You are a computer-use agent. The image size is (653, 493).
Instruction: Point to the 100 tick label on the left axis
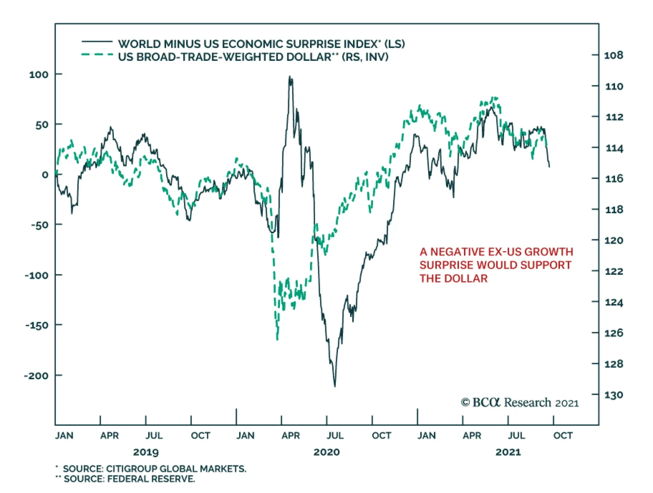38,75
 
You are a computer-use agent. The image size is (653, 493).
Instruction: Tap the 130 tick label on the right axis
613,395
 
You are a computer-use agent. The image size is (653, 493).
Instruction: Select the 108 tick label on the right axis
613,55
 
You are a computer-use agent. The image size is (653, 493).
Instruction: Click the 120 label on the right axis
613,240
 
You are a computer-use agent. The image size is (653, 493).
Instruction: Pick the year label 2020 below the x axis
326,452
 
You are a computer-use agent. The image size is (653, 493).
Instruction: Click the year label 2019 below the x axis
146,452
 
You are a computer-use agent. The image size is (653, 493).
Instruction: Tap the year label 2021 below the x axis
508,452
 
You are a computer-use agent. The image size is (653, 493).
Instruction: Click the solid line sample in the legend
97,42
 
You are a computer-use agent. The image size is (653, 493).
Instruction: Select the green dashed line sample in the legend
97,55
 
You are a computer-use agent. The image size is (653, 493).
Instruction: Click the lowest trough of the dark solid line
335,386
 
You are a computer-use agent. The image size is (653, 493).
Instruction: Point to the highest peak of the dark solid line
290,77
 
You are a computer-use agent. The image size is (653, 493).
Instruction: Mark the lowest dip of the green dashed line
278,339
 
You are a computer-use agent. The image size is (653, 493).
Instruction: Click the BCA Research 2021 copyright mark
520,402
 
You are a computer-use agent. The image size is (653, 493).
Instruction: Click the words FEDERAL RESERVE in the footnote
150,479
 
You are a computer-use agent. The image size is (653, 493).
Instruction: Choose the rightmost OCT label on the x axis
563,436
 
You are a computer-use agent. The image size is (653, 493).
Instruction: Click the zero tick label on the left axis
45,175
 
